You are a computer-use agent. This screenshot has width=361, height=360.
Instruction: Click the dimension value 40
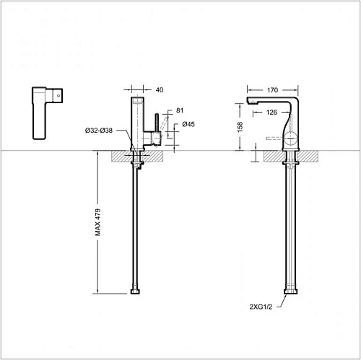pyautogui.click(x=160, y=90)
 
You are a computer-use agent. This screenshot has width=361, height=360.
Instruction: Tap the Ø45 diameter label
pyautogui.click(x=187, y=124)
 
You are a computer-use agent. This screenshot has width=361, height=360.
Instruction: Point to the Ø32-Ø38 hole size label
pyautogui.click(x=97, y=130)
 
